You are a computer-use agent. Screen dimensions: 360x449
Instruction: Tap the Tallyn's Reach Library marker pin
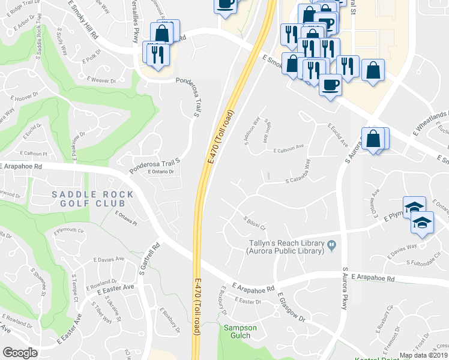[331, 244]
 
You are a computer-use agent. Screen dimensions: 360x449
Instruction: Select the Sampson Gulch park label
[240, 332]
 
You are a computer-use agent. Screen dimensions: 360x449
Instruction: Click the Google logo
[19, 352]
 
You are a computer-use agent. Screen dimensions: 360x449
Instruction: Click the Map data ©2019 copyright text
[424, 355]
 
